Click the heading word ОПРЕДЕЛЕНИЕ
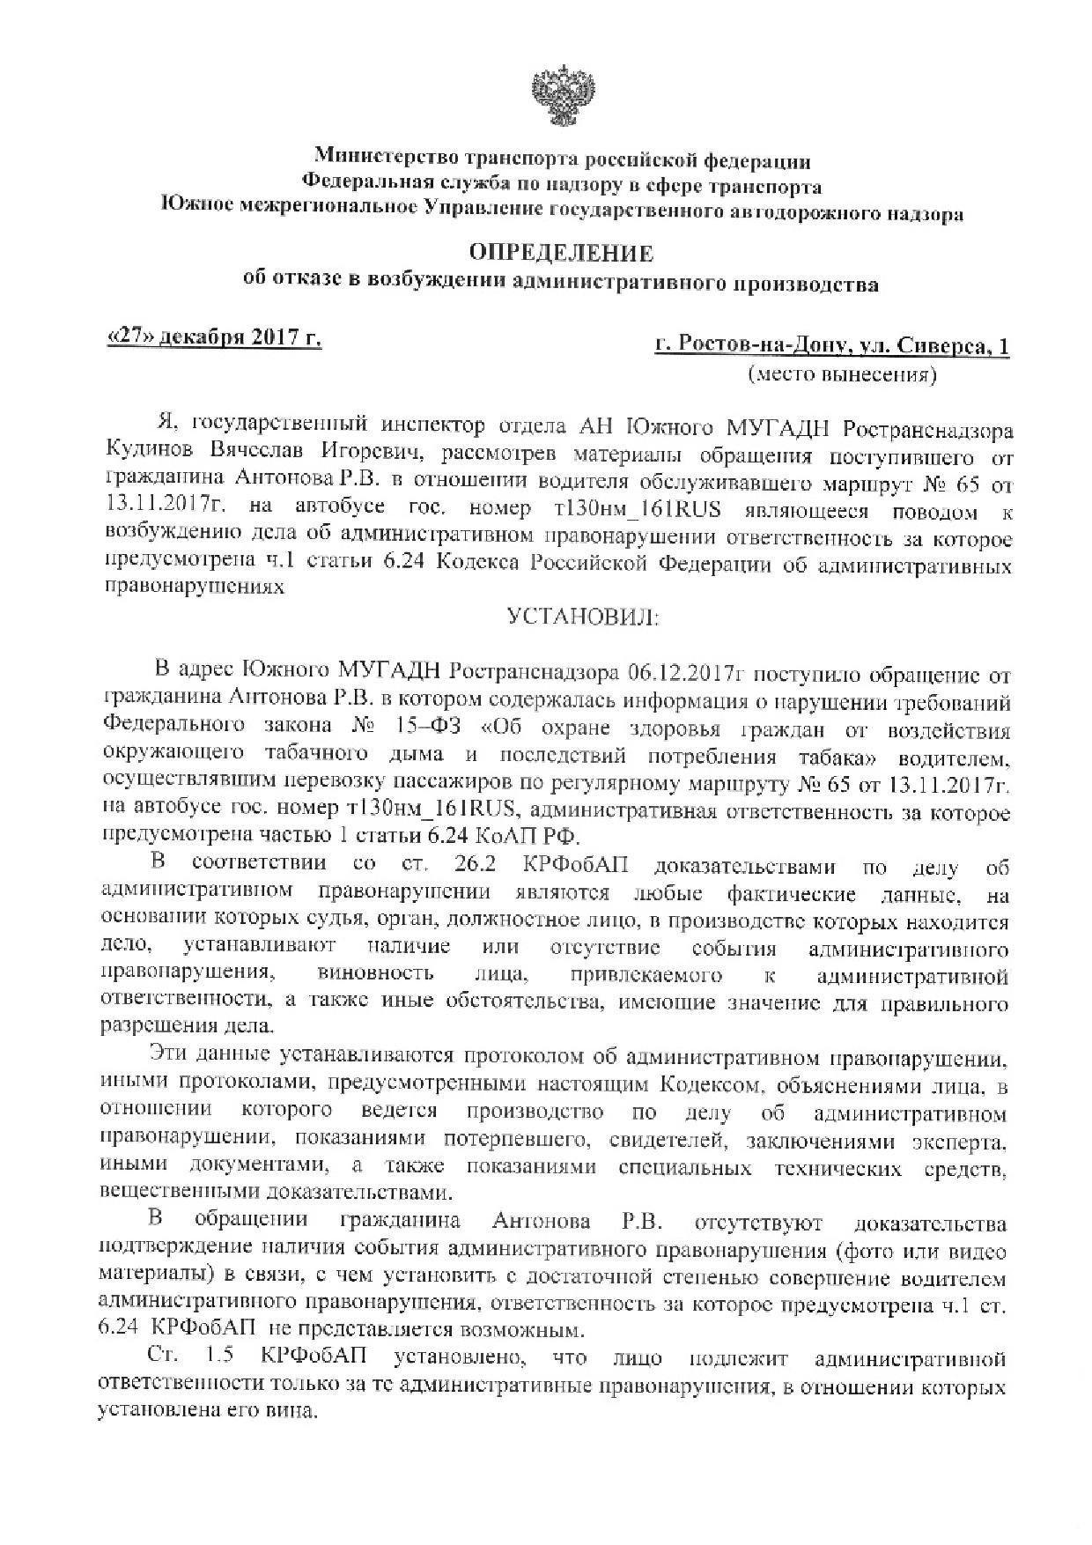[x=561, y=254]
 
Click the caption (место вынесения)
[x=842, y=375]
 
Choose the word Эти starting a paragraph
[x=170, y=1056]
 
